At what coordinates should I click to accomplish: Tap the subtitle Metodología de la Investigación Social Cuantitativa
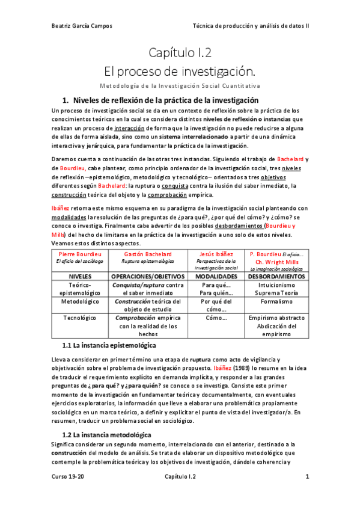[180, 85]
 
